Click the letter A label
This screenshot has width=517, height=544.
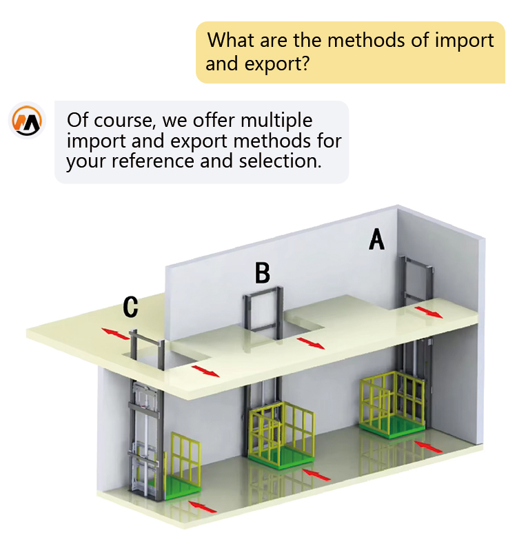(376, 239)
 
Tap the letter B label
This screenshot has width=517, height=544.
(262, 273)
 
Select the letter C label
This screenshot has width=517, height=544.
(131, 308)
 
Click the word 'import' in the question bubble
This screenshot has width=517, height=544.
(464, 40)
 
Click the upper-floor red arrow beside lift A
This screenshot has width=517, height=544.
(428, 312)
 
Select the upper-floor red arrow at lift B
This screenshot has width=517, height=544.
(311, 343)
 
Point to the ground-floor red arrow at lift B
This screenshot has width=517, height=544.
(316, 474)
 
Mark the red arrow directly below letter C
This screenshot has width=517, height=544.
(116, 334)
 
